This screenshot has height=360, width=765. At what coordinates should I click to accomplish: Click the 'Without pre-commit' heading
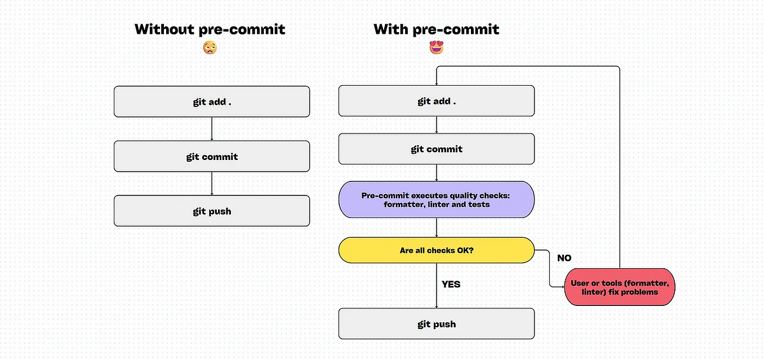210,29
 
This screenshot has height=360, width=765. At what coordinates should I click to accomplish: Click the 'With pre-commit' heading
436,29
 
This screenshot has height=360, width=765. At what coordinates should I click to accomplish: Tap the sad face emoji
210,48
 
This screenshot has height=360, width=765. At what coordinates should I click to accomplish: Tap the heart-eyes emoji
436,48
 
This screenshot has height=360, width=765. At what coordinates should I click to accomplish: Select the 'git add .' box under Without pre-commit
212,101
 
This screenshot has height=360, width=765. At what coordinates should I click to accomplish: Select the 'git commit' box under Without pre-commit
212,156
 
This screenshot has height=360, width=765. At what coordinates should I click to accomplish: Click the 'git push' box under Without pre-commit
212,211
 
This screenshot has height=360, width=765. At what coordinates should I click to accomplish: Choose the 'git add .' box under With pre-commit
436,101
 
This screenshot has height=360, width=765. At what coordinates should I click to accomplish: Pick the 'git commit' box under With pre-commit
436,149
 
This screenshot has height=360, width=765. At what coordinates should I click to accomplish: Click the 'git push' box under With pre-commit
436,323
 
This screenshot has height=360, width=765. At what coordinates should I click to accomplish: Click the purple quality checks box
436,199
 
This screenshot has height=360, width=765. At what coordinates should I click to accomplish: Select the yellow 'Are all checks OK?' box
436,250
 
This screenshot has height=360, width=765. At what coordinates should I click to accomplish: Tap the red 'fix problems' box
619,287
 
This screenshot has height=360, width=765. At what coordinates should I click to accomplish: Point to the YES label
451,284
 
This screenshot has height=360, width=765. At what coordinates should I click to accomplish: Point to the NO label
564,257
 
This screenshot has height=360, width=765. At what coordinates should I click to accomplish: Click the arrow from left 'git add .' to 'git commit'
212,129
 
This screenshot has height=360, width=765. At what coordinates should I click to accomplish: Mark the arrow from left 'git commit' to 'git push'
212,184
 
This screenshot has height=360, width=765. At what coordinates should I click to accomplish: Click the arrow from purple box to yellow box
437,227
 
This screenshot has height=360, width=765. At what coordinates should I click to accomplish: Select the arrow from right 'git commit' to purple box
437,173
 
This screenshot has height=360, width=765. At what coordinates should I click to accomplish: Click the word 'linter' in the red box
584,292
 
